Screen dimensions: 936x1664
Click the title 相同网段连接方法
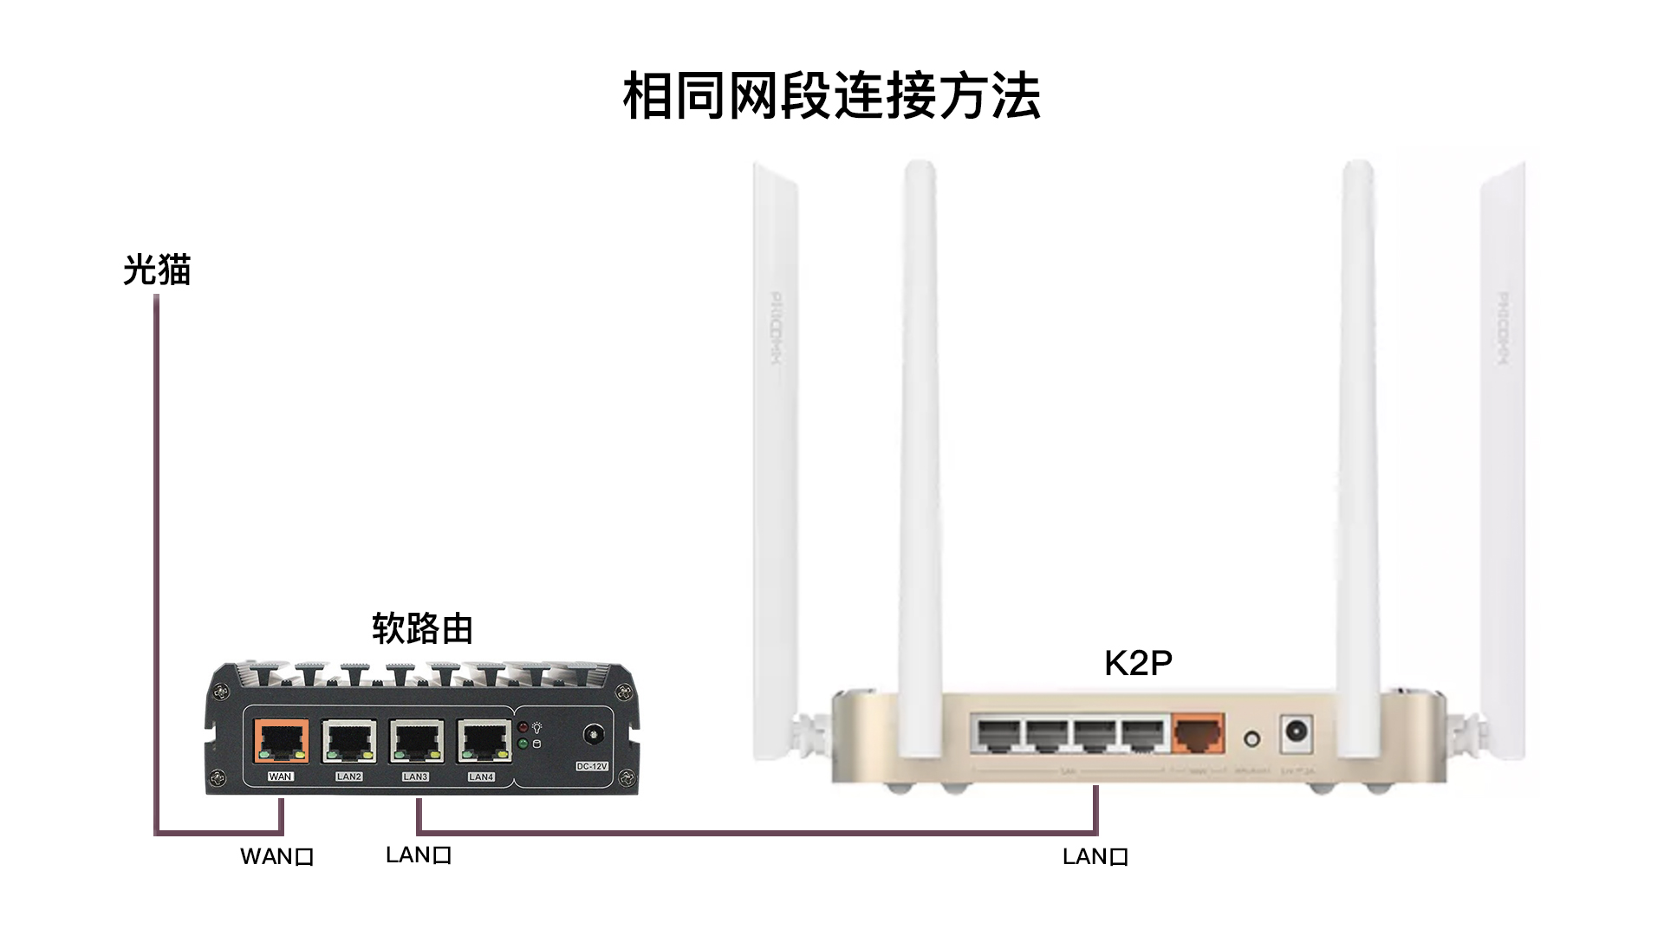coord(831,95)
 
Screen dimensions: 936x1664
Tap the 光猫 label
coord(157,270)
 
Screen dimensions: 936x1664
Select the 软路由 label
coord(422,628)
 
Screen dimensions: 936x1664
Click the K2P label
coord(1138,663)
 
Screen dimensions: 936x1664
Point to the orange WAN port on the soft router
coord(281,741)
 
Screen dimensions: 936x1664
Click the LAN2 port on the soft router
coord(348,742)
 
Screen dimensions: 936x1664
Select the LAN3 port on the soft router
coord(416,742)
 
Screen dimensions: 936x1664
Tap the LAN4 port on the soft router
coord(484,742)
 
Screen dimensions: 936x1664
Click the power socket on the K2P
coord(1296,732)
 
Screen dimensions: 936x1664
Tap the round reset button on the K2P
coord(1251,739)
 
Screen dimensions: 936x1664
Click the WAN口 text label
coord(276,857)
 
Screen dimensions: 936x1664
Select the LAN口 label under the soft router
coord(419,855)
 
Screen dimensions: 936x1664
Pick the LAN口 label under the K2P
coord(1095,857)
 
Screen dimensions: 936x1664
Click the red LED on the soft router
coord(523,727)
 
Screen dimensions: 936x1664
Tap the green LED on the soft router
coord(523,744)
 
